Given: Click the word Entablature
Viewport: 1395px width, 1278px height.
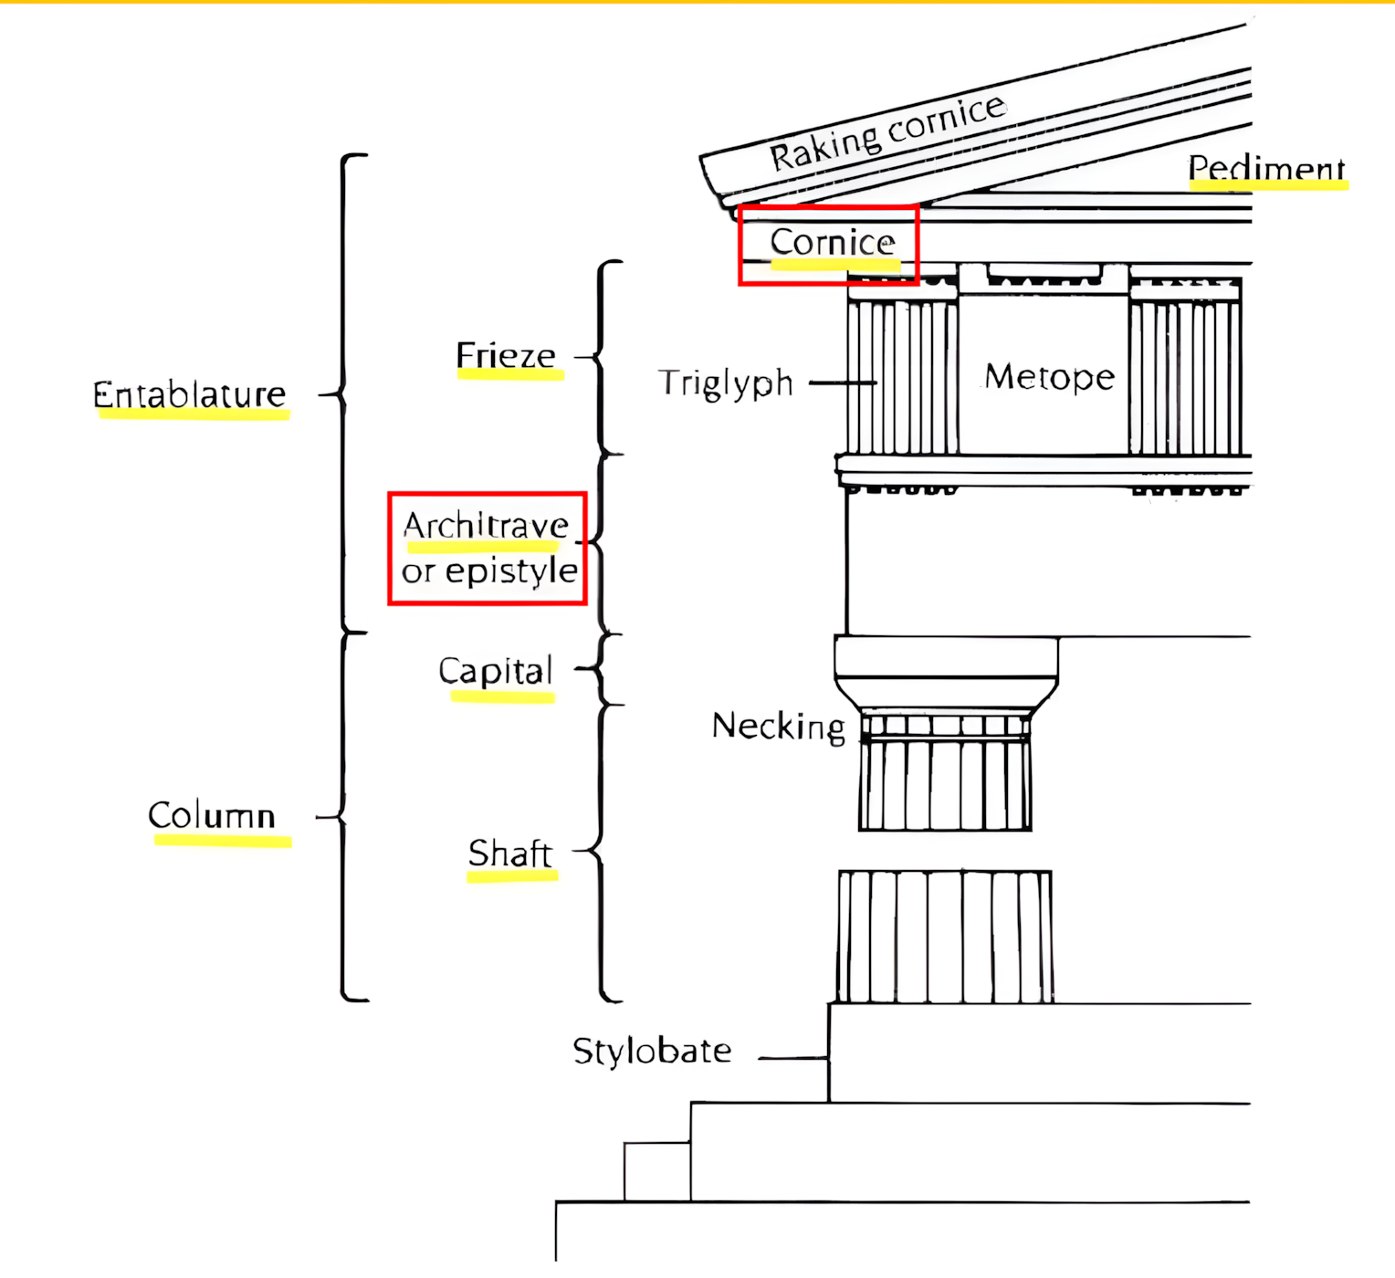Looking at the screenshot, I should [190, 394].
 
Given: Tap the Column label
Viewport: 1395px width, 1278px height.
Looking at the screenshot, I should [212, 814].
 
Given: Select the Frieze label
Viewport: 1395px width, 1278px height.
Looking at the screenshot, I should [506, 355].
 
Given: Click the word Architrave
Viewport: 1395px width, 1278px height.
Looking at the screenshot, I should [486, 526].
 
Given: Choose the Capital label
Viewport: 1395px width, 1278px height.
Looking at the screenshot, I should [496, 671].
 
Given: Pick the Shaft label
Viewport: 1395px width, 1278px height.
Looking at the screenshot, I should [510, 854].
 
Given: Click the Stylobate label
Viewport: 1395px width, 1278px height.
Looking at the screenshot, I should [652, 1051].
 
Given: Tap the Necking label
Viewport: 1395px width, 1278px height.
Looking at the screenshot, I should [778, 727].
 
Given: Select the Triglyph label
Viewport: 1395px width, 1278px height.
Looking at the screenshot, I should [726, 383].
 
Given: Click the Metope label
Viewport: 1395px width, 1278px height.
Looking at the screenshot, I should [1049, 377].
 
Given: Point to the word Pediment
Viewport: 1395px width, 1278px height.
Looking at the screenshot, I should [1266, 168].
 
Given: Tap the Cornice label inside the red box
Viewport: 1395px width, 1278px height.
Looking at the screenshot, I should [833, 242].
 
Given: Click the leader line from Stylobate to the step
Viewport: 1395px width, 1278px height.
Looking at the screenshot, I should [792, 1058].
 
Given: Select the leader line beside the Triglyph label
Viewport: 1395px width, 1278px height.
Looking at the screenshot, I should [842, 383].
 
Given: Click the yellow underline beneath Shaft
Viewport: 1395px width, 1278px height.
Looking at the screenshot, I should [512, 876].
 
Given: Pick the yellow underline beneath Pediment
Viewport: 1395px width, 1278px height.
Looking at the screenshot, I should [1268, 185].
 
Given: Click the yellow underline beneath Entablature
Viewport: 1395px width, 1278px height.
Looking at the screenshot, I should [194, 414].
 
